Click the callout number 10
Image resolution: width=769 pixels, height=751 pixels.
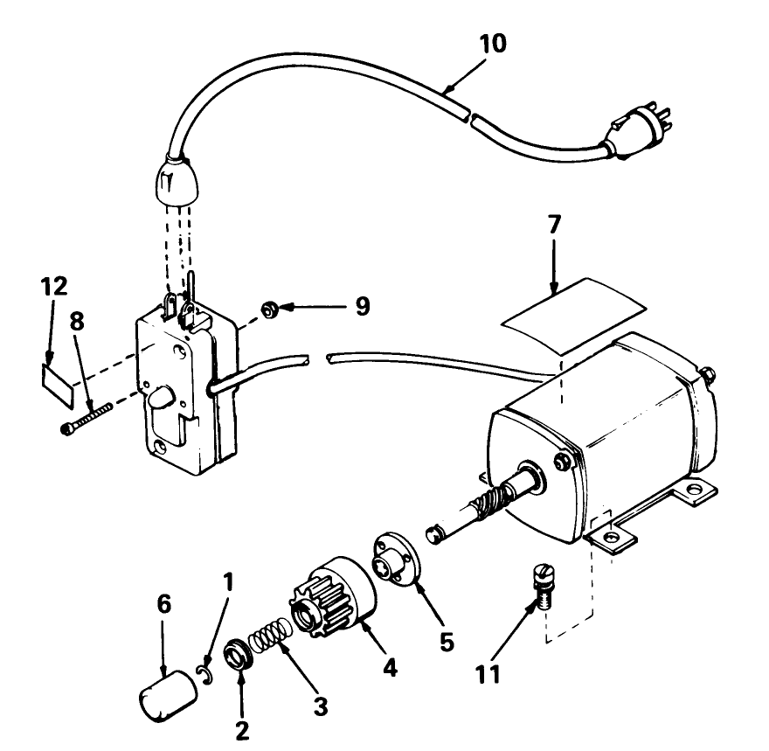(492, 43)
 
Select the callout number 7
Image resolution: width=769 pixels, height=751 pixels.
(555, 226)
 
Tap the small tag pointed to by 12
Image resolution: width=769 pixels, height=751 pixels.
(57, 383)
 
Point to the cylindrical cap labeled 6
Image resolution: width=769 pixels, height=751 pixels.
(166, 696)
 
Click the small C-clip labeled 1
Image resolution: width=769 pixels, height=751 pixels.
(203, 671)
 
